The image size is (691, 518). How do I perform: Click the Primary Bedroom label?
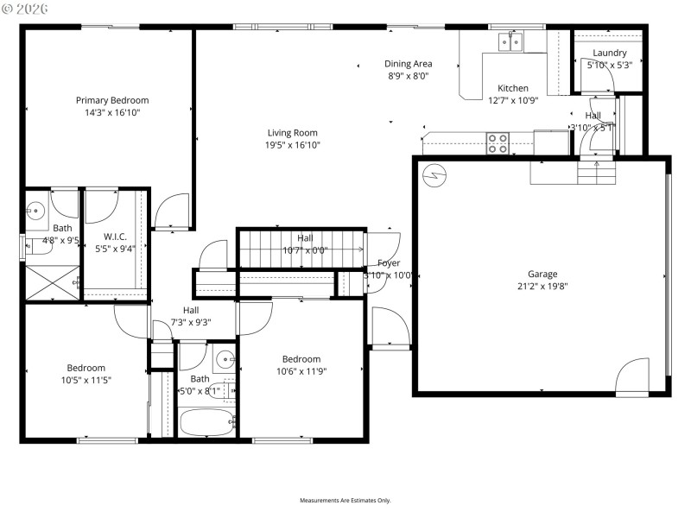[111, 100]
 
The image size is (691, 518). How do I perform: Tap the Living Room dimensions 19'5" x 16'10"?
[292, 145]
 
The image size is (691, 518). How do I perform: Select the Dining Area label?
[408, 64]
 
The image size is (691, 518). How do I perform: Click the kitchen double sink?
[511, 41]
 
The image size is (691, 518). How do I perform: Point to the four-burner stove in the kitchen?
[497, 142]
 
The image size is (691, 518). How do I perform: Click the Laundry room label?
[609, 53]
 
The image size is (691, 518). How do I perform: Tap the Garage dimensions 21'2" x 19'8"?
[542, 287]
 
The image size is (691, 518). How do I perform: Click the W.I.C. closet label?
[116, 237]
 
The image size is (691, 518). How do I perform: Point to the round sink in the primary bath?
[35, 209]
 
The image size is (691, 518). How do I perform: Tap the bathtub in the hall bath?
[207, 423]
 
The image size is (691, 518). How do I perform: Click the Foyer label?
[389, 262]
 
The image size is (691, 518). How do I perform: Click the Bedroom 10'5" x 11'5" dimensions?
[86, 380]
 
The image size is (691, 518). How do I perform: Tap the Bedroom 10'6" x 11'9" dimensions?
[301, 371]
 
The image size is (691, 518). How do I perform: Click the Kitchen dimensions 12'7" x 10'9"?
[512, 100]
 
